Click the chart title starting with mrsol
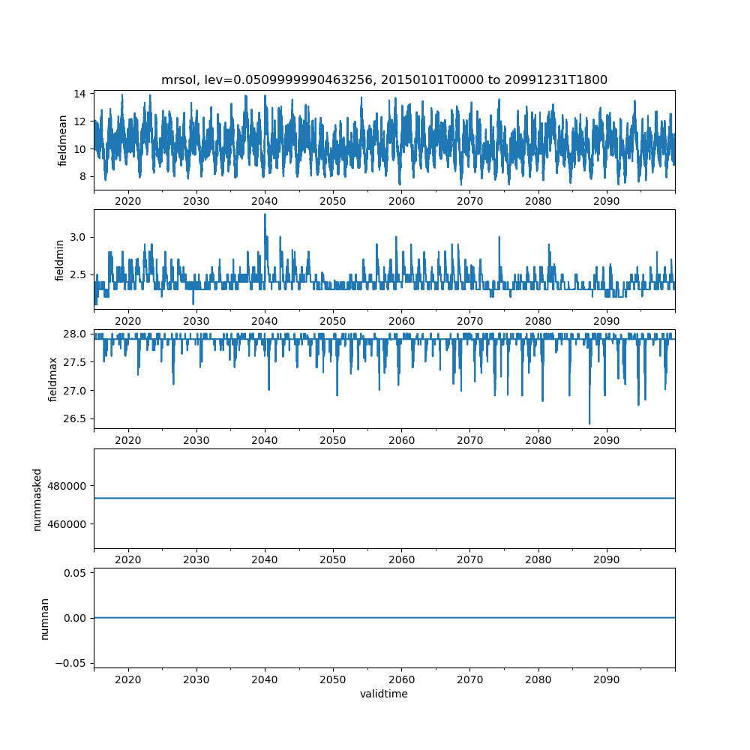pos(384,79)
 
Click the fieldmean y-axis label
pos(63,140)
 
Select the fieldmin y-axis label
pos(60,259)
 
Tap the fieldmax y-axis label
pos(52,379)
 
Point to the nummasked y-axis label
pos(37,499)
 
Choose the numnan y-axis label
pos(44,618)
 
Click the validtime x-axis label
pos(384,694)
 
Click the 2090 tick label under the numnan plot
pos(607,679)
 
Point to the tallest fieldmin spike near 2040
pos(265,214)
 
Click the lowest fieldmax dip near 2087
pos(589,424)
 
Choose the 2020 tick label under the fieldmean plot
pos(128,202)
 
